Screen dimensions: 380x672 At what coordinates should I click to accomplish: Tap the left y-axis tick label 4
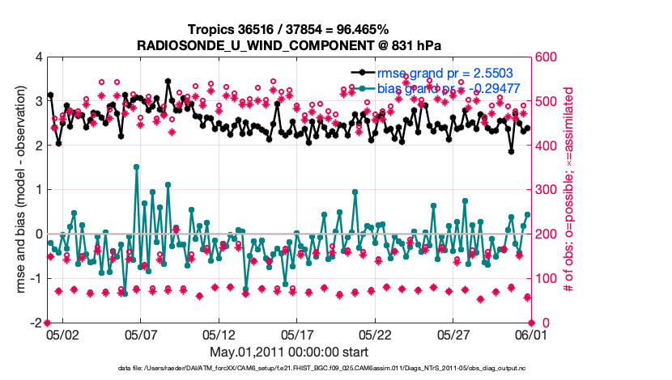point(39,57)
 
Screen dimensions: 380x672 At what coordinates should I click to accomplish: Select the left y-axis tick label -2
point(36,323)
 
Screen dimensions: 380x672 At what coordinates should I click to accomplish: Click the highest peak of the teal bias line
point(136,167)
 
